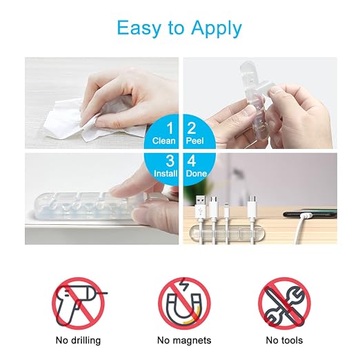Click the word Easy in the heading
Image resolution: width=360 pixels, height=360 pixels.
[139, 28]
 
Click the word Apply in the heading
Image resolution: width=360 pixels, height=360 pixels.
[217, 29]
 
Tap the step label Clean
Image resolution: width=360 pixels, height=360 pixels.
[163, 141]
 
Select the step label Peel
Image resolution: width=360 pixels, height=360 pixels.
[194, 141]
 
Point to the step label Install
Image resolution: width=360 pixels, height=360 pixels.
[166, 174]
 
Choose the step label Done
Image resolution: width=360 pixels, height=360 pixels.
[197, 174]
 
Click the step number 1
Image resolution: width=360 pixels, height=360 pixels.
[170, 128]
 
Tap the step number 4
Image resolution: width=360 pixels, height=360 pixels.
[192, 161]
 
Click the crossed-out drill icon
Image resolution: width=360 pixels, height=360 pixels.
[79, 303]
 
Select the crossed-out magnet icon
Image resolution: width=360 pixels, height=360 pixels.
[184, 303]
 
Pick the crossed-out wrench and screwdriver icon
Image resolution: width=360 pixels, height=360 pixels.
[284, 303]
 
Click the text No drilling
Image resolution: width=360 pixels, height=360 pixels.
[78, 341]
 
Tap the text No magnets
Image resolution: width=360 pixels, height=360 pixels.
[184, 341]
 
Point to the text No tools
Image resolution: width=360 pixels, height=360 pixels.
[284, 341]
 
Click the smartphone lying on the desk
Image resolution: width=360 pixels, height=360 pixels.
[310, 214]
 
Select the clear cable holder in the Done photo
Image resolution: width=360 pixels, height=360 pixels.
[227, 232]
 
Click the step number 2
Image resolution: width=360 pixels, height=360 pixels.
[192, 128]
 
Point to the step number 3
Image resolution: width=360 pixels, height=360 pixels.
[170, 161]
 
